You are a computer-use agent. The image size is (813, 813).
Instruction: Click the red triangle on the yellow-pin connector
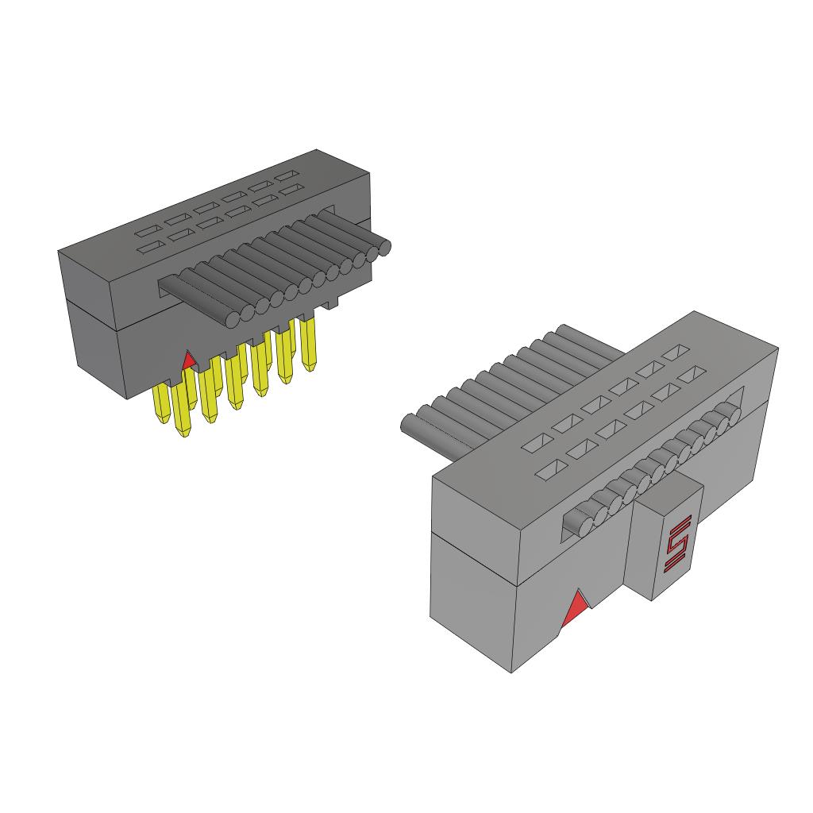coord(188,361)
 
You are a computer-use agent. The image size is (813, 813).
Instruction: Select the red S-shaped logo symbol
coord(677,543)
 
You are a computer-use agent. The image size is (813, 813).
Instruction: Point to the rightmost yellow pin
coord(308,341)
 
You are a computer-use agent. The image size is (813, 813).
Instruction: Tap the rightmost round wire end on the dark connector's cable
coord(384,248)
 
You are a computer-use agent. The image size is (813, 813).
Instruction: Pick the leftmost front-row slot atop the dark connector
coord(147,249)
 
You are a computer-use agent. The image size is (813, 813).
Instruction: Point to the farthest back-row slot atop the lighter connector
coord(676,351)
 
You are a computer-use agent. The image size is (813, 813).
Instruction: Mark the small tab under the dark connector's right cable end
coord(334,303)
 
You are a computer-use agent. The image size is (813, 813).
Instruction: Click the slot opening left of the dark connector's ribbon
coord(168,289)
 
